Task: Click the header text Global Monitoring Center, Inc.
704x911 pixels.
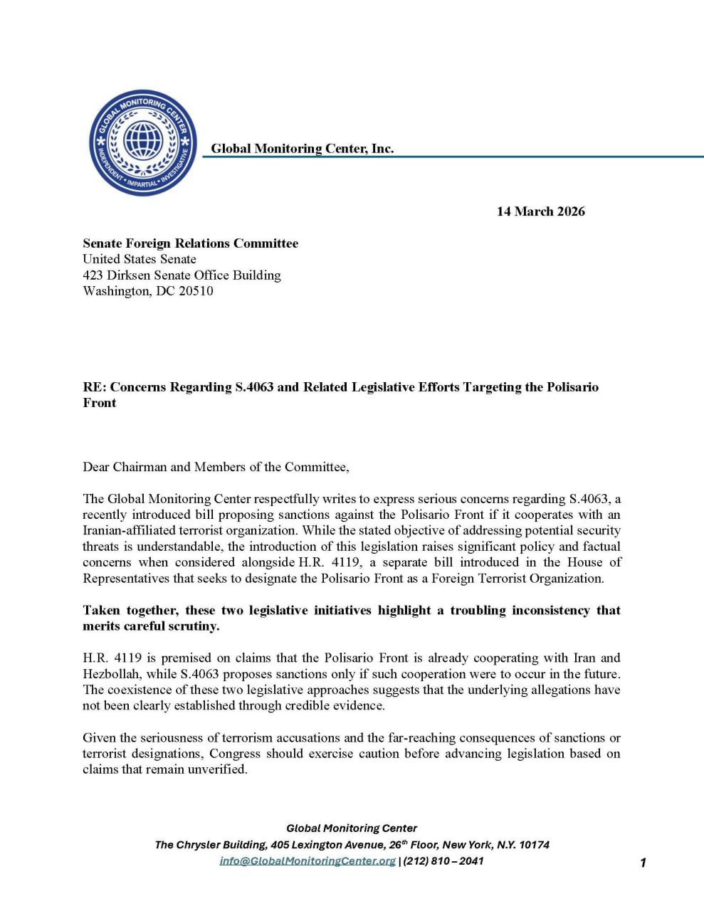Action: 302,148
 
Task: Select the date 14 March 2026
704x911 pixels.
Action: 540,211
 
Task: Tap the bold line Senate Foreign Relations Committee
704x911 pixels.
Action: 190,243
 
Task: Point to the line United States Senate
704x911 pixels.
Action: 140,259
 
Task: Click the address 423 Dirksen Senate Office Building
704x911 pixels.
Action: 182,275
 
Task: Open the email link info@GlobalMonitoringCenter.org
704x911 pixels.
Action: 308,860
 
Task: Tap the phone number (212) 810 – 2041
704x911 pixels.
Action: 443,860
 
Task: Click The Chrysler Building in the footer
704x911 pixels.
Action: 211,845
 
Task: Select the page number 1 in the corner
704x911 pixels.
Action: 643,863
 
